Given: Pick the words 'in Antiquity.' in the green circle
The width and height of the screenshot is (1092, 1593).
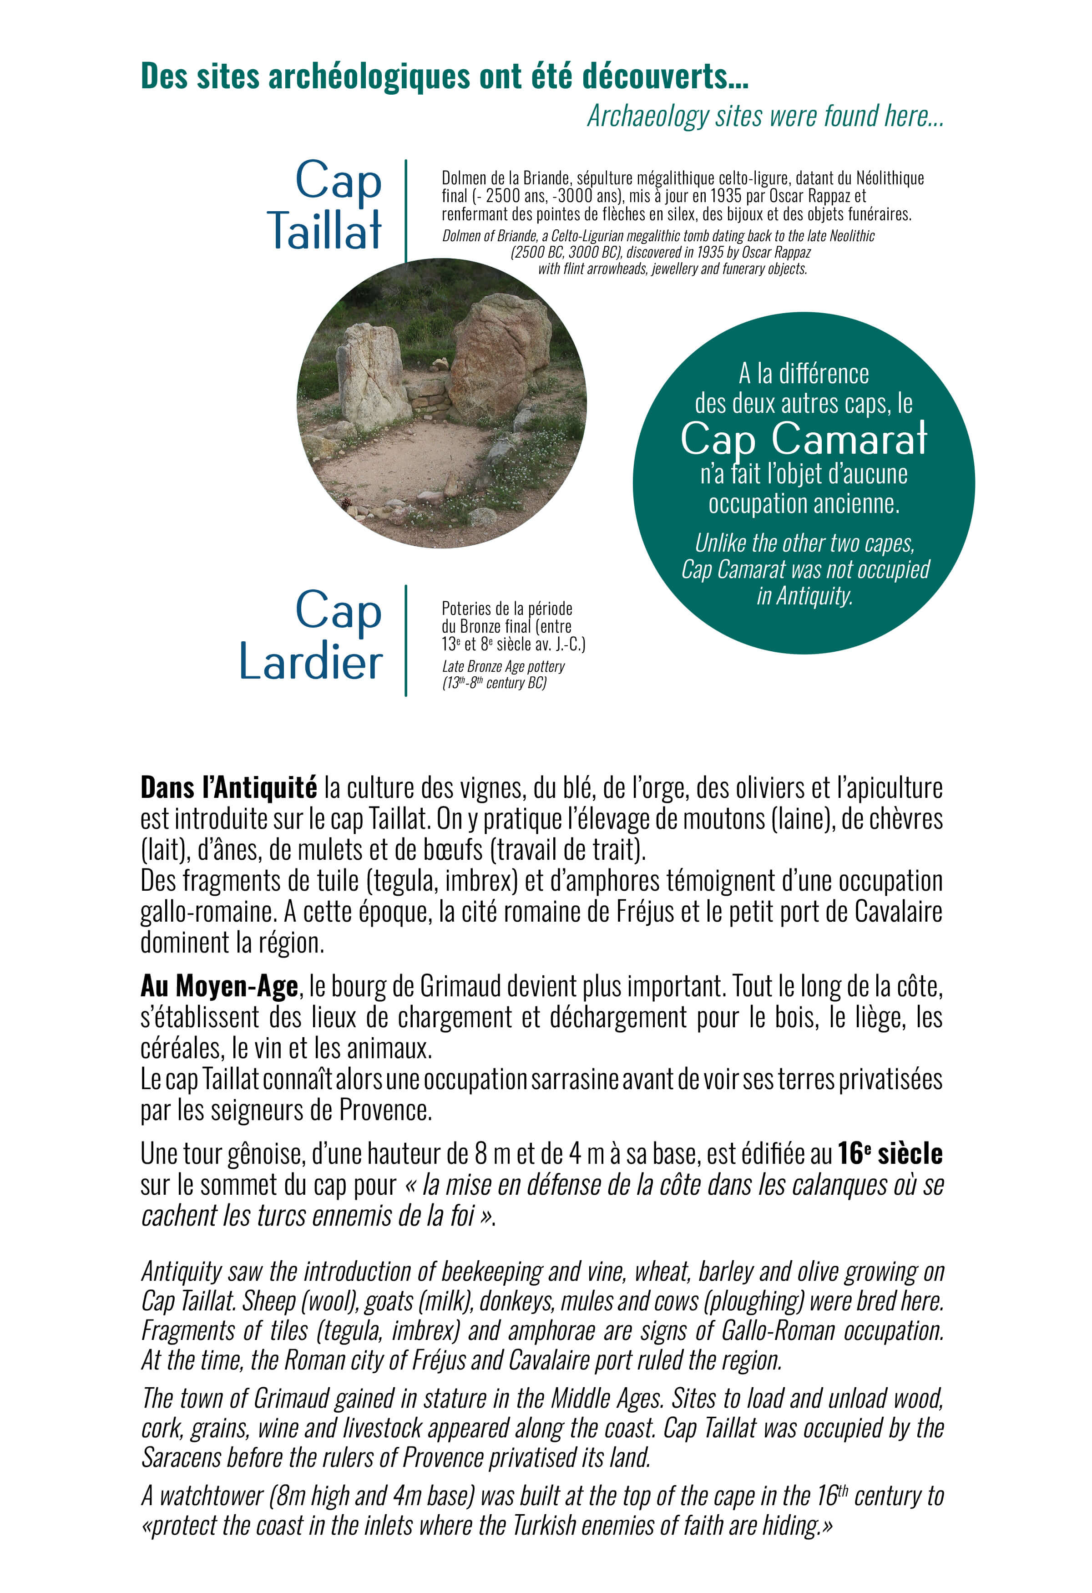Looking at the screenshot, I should [804, 596].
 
